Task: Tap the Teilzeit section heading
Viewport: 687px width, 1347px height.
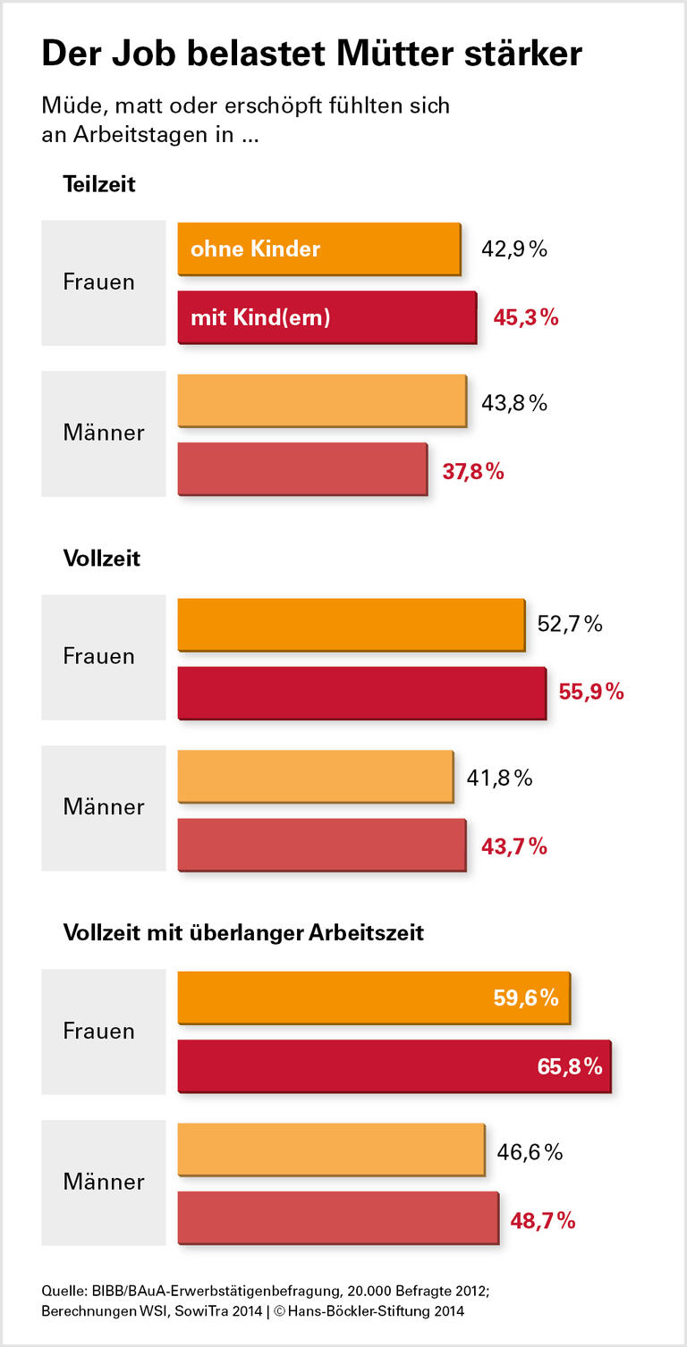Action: click(x=98, y=184)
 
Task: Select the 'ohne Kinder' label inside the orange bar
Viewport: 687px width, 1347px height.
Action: click(x=255, y=248)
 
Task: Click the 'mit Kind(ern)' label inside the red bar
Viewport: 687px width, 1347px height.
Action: click(x=260, y=317)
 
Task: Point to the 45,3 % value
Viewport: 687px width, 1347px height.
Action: click(x=526, y=317)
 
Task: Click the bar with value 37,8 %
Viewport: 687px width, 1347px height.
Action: click(x=302, y=468)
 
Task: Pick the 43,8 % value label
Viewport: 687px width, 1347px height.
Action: click(x=514, y=403)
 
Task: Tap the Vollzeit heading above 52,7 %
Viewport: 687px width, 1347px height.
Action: click(x=101, y=559)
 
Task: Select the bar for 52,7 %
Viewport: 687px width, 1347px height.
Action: click(x=351, y=624)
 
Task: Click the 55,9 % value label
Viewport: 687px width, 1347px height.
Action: click(x=591, y=692)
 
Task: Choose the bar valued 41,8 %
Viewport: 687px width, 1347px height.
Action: click(x=315, y=777)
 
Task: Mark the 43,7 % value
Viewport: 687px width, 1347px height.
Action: click(x=514, y=846)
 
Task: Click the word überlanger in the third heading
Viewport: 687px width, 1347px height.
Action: click(x=253, y=933)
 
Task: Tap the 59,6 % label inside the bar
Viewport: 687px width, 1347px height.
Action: click(x=526, y=998)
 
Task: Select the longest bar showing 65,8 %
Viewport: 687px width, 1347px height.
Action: click(x=394, y=1065)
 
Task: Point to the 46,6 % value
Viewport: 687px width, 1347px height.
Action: click(x=530, y=1152)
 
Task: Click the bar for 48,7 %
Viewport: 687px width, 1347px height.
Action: click(x=337, y=1217)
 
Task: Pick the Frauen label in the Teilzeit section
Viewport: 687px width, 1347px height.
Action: click(x=98, y=282)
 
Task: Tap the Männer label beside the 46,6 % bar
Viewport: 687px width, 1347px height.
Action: click(x=103, y=1182)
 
